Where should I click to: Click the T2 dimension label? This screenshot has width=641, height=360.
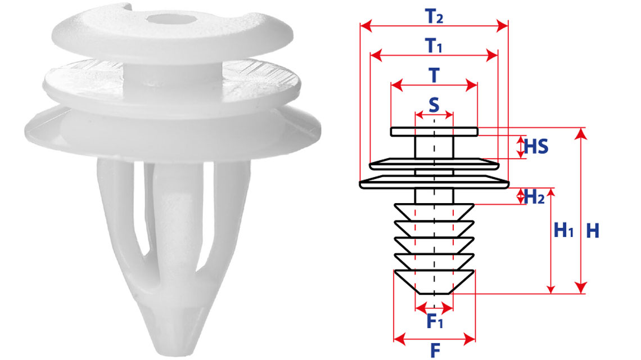click(x=434, y=16)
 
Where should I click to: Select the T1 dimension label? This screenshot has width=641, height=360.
click(x=434, y=46)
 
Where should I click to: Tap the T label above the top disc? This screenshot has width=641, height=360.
click(x=434, y=76)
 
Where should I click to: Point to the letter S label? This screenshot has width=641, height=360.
click(x=434, y=105)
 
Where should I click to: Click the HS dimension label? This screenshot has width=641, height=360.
click(x=536, y=146)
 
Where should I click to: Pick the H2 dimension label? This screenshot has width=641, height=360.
click(x=534, y=197)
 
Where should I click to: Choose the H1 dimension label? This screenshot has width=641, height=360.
click(x=564, y=230)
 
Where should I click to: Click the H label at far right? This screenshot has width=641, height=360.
click(x=593, y=231)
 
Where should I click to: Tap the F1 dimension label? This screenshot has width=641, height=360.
click(x=435, y=321)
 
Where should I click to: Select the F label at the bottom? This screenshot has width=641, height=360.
click(x=435, y=350)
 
